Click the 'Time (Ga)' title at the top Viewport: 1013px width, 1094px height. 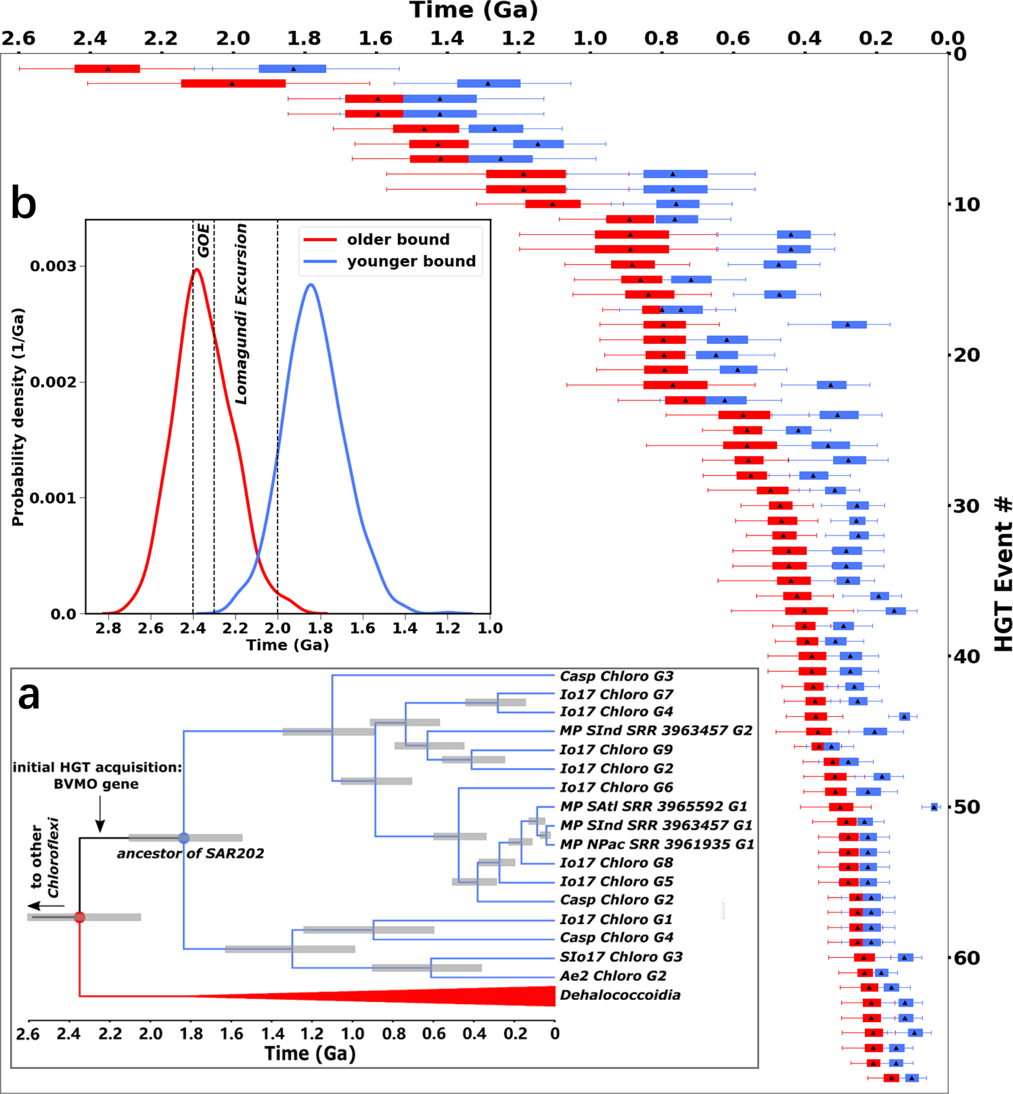coord(474,11)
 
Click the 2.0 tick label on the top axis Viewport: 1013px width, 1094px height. coord(233,39)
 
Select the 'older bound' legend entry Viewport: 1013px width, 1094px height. coord(398,240)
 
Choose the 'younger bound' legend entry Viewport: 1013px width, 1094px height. coord(411,261)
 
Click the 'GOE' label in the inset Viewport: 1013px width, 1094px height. coord(203,240)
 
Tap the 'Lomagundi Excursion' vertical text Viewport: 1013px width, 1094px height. coord(241,313)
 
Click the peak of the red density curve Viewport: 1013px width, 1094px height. coord(196,269)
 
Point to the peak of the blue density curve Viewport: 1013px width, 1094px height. coord(311,284)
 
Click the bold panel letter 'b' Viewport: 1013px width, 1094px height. coord(24,204)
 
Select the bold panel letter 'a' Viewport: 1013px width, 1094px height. coord(28,695)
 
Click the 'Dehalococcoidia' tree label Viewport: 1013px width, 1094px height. coord(620,995)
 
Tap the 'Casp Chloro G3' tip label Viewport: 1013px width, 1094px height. coord(616,676)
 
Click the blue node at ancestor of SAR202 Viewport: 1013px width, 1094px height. coord(183,838)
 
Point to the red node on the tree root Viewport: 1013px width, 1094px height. coord(79,917)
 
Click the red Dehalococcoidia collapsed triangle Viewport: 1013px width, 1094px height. coord(474,996)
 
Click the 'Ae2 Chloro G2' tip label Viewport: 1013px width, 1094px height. coord(612,976)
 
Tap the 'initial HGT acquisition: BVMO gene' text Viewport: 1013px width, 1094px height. coord(97,776)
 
